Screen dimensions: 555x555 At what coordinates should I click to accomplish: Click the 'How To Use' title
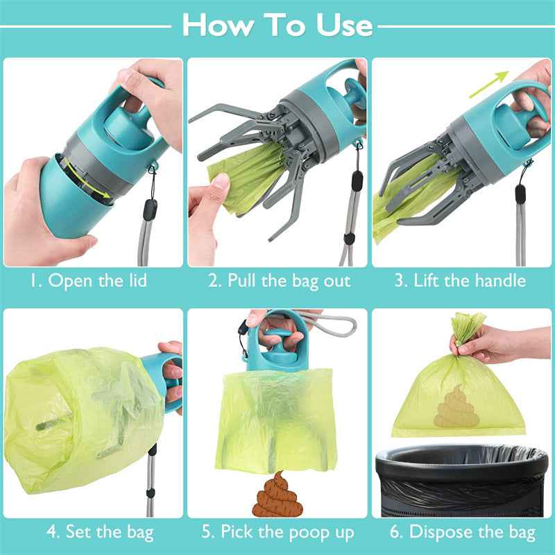pyautogui.click(x=277, y=26)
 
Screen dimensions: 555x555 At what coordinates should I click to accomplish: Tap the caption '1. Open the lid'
pyautogui.click(x=88, y=281)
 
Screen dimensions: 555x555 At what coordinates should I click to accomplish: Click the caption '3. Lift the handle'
pyautogui.click(x=461, y=281)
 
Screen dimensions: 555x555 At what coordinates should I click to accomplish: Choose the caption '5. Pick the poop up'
pyautogui.click(x=278, y=532)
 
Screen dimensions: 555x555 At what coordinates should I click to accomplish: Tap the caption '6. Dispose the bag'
pyautogui.click(x=462, y=532)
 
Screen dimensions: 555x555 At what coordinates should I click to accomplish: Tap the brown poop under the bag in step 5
pyautogui.click(x=273, y=494)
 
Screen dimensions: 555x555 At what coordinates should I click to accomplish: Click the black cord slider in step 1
pyautogui.click(x=151, y=210)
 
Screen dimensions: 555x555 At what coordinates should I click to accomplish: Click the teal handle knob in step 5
pyautogui.click(x=277, y=347)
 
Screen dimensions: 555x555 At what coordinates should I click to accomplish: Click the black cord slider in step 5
pyautogui.click(x=244, y=331)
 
